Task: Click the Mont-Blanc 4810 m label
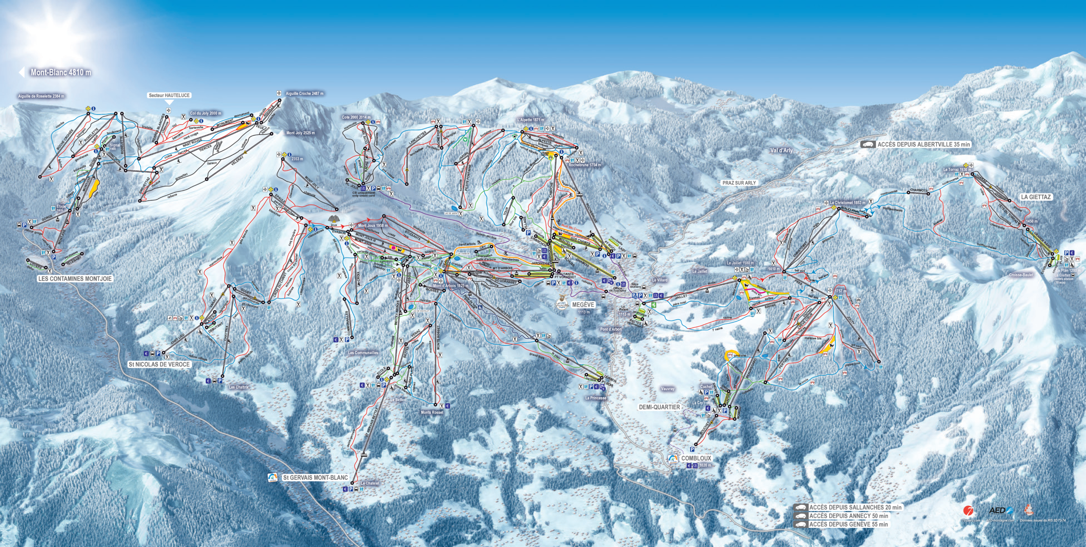61,73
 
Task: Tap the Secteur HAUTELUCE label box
169,95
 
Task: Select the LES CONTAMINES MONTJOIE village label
75,279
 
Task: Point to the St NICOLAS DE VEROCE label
160,364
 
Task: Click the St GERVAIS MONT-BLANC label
315,477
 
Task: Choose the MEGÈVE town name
583,304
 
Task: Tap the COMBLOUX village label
696,458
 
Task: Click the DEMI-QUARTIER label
659,407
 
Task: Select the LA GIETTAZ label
1036,197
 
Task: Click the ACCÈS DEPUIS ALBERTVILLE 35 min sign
924,144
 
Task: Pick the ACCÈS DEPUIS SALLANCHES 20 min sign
855,507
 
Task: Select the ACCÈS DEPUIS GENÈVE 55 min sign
848,525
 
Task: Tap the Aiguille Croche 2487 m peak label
305,93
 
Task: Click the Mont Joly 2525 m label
300,133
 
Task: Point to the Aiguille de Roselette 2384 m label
41,96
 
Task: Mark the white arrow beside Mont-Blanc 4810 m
22,72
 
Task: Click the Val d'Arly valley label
781,150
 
